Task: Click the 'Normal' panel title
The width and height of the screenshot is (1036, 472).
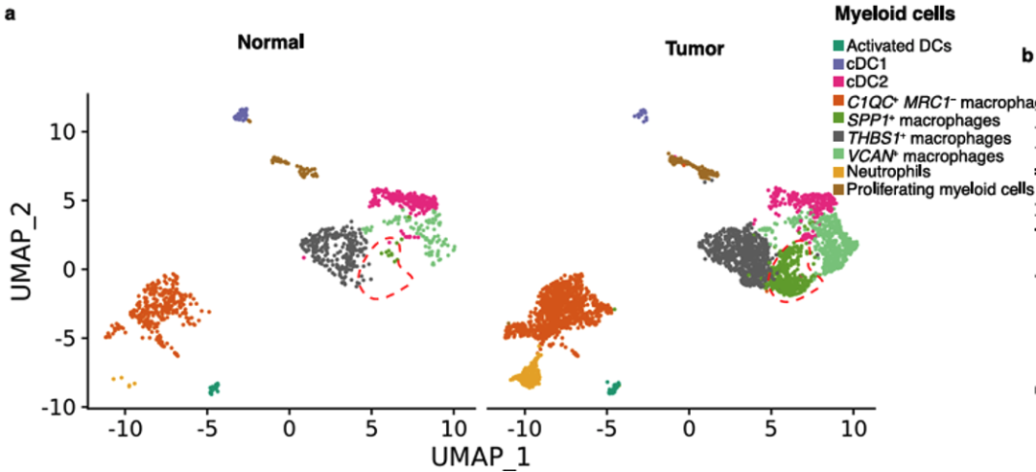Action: pos(272,42)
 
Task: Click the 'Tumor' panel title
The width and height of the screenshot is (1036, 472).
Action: pos(695,48)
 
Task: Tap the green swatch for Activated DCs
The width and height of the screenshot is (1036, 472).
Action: pos(838,44)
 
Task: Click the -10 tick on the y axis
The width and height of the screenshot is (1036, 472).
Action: pos(59,407)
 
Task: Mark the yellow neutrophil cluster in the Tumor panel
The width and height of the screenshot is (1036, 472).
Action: pos(530,370)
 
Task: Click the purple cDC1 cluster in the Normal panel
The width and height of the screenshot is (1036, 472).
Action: pos(242,113)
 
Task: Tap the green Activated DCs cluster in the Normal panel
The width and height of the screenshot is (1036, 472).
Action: pos(215,388)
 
